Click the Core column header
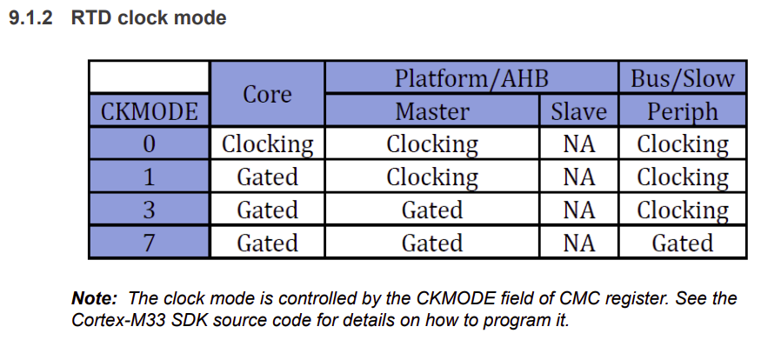point(268,94)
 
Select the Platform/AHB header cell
point(471,77)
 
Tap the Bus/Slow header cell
point(683,77)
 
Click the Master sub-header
point(432,110)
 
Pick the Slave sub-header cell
point(578,110)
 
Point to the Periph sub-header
point(683,110)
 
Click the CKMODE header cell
point(149,110)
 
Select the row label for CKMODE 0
point(149,143)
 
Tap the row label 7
point(149,243)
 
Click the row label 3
point(149,210)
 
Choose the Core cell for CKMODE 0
point(268,143)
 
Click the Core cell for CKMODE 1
point(268,177)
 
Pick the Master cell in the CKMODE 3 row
point(432,210)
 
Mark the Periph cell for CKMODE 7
point(683,243)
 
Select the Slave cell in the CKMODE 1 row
point(578,177)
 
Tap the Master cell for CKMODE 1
point(432,177)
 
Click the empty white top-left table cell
point(149,77)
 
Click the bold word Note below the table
point(95,297)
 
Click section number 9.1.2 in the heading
point(31,18)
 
